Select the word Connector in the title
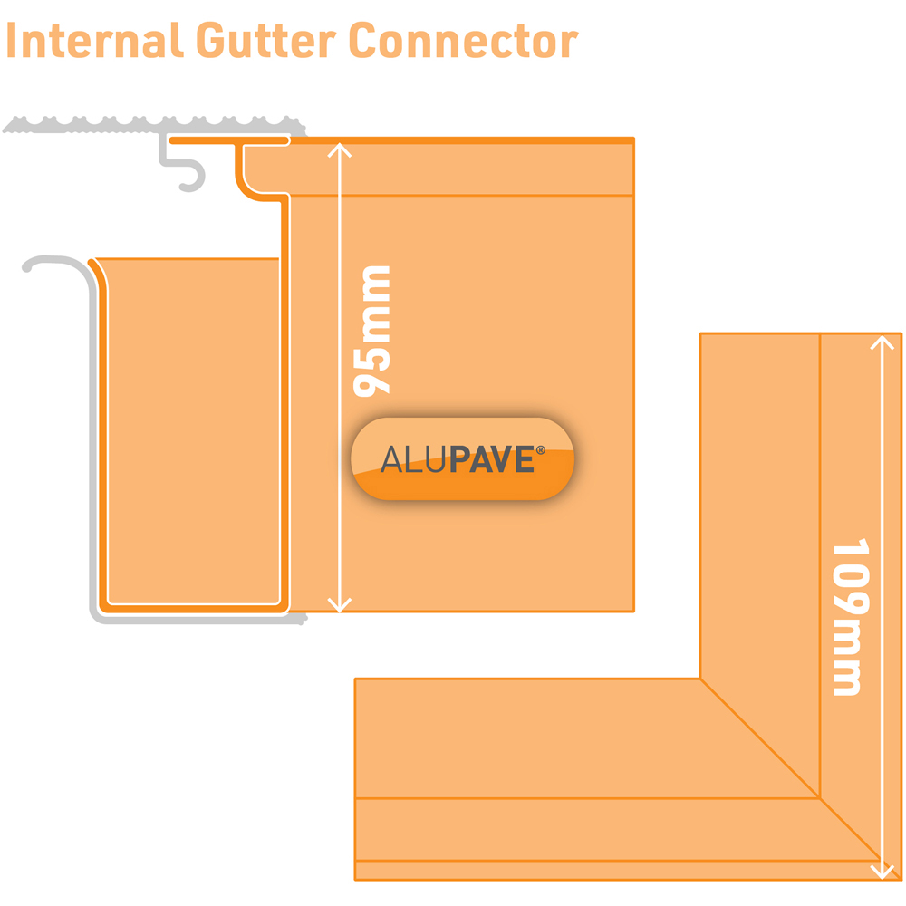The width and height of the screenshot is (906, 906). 462,42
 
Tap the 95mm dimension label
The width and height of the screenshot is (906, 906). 371,331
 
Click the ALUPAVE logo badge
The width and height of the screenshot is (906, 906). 463,459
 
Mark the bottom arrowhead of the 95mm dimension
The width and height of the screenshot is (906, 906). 338,606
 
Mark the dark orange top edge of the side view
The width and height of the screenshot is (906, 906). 453,140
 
